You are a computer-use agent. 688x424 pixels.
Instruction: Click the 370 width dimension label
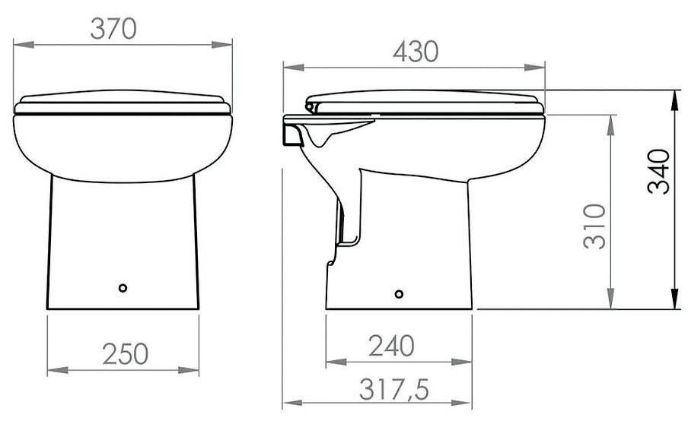[x=113, y=29]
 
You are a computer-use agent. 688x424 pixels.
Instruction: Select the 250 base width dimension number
[x=126, y=354]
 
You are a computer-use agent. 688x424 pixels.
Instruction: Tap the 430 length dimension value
[x=416, y=52]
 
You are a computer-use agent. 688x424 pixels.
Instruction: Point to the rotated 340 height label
[x=658, y=171]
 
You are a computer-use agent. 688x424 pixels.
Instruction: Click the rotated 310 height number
[x=595, y=226]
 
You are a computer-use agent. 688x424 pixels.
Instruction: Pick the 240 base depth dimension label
[x=391, y=346]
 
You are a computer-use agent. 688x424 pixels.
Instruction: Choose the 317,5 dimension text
[x=393, y=389]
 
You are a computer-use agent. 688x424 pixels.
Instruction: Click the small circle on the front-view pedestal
[x=123, y=288]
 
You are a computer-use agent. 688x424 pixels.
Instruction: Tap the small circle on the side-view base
[x=399, y=294]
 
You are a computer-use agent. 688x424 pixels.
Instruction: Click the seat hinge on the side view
[x=311, y=106]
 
